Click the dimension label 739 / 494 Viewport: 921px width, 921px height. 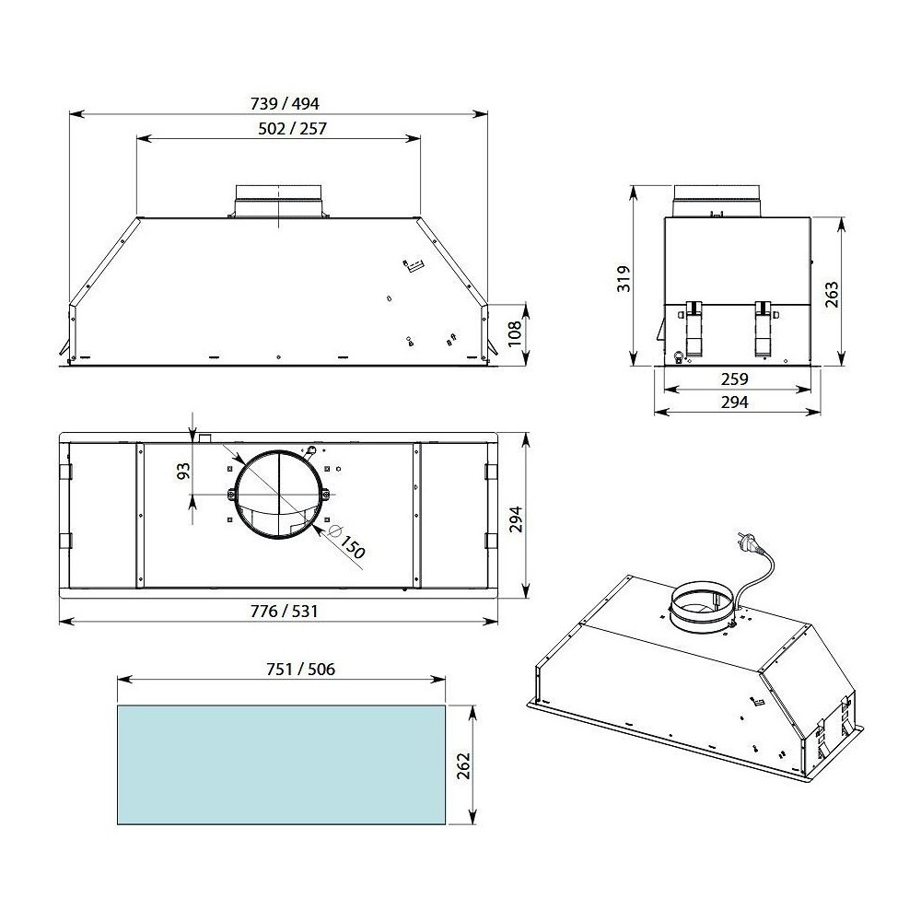279,103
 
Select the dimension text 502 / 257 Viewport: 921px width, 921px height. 279,129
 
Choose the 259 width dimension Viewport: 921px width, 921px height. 734,379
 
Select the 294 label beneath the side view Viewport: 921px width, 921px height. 734,402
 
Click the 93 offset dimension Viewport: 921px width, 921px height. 183,471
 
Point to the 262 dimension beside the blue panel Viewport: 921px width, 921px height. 462,764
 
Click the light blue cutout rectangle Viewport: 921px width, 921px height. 281,764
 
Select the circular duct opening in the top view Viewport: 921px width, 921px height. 278,495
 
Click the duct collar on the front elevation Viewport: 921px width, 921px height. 277,200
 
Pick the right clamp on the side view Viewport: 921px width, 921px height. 764,328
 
